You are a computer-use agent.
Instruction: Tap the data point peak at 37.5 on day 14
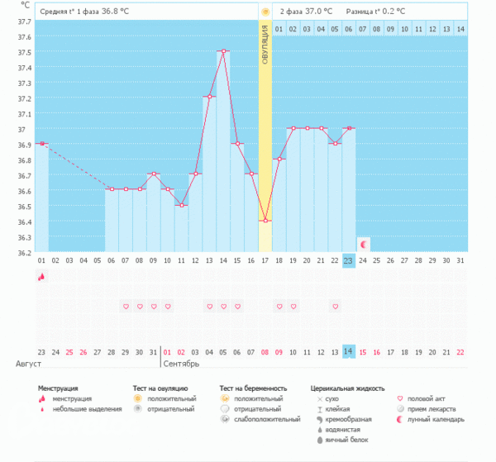223,51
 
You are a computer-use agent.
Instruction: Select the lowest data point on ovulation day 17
265,221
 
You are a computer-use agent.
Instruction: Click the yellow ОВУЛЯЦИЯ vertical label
265,50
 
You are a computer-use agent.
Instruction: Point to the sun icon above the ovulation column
265,12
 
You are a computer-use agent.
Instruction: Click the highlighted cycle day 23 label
350,260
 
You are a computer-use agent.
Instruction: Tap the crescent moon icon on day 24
364,244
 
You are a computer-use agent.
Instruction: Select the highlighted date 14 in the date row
350,351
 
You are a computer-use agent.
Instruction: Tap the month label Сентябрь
181,364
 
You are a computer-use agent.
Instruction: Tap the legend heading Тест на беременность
253,387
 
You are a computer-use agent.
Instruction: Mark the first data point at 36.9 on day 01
41,144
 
